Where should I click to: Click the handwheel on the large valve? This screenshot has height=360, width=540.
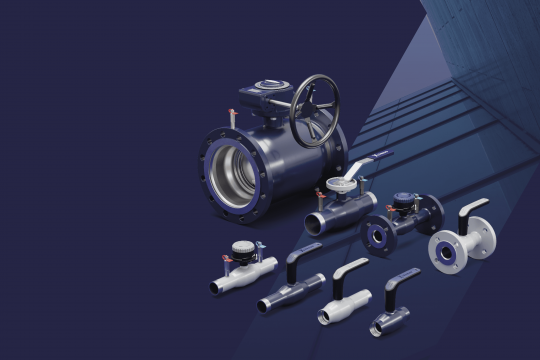(315, 109)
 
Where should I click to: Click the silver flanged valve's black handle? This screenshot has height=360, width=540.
(471, 211)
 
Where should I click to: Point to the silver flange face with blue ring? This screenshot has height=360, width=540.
(449, 251)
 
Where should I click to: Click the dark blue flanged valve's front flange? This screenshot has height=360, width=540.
(378, 233)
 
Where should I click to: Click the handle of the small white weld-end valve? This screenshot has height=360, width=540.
(350, 269)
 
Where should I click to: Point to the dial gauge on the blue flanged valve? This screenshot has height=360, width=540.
(404, 199)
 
